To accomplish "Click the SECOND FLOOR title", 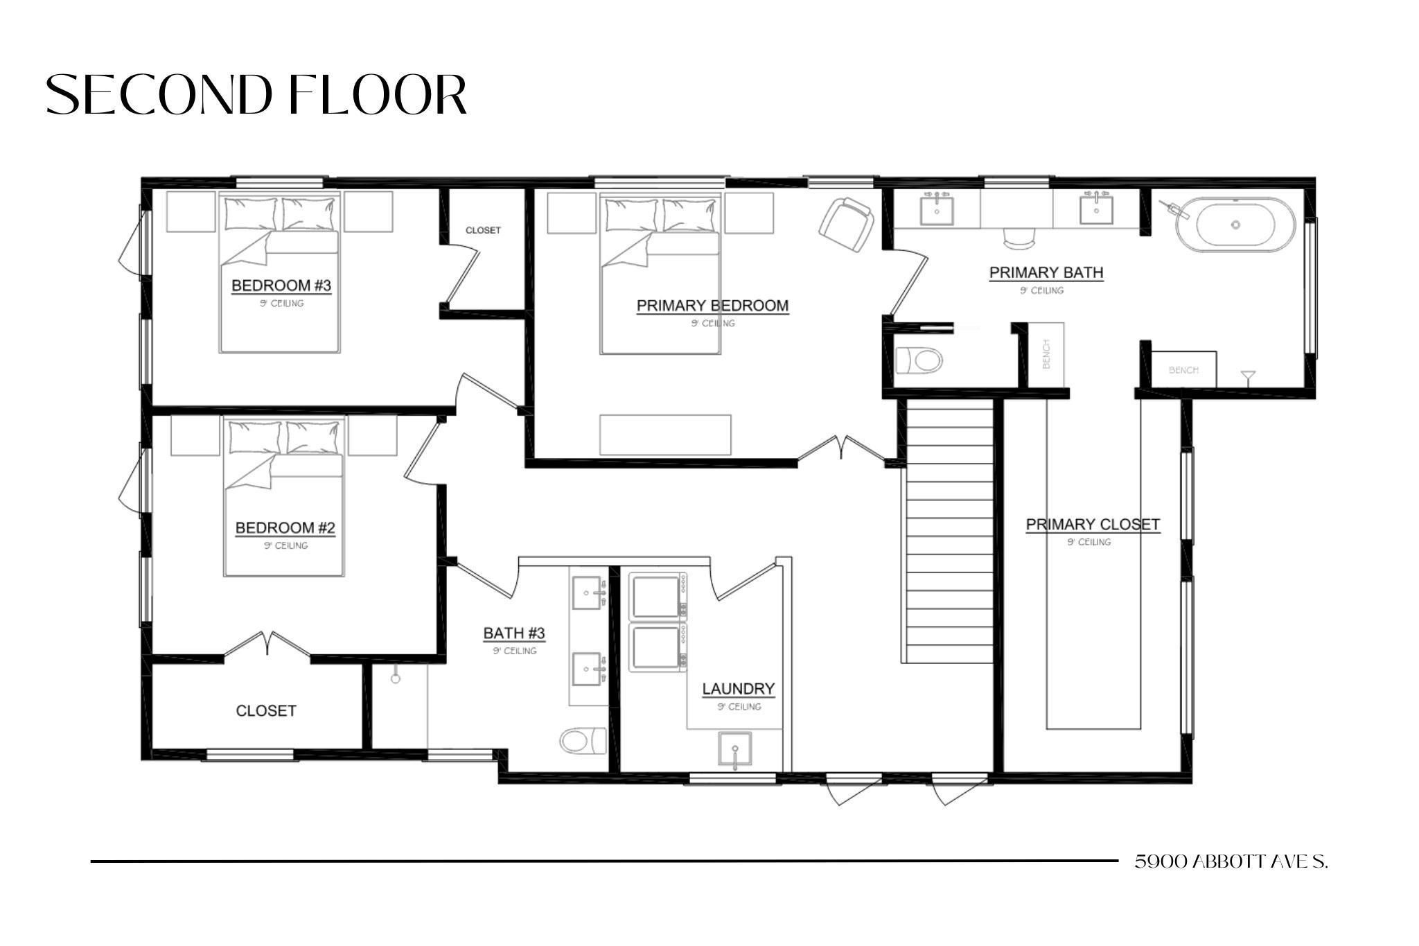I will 256,95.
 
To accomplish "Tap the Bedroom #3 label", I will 281,286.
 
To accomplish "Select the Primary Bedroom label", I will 712,306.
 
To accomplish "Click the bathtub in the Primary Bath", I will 1235,225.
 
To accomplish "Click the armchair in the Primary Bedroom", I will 846,224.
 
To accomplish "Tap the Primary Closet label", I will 1093,525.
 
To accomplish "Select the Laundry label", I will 738,689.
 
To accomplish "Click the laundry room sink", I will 734,749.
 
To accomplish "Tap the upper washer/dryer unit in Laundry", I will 657,597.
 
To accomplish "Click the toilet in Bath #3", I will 583,740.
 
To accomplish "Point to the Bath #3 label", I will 514,633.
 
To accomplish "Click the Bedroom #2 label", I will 285,528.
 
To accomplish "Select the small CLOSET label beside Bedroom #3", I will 483,230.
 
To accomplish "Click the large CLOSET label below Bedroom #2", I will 266,711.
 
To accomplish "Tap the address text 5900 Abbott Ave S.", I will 1231,862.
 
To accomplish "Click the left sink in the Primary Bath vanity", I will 936,211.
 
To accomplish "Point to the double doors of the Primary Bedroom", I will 840,448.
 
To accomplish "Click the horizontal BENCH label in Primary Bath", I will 1183,370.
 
